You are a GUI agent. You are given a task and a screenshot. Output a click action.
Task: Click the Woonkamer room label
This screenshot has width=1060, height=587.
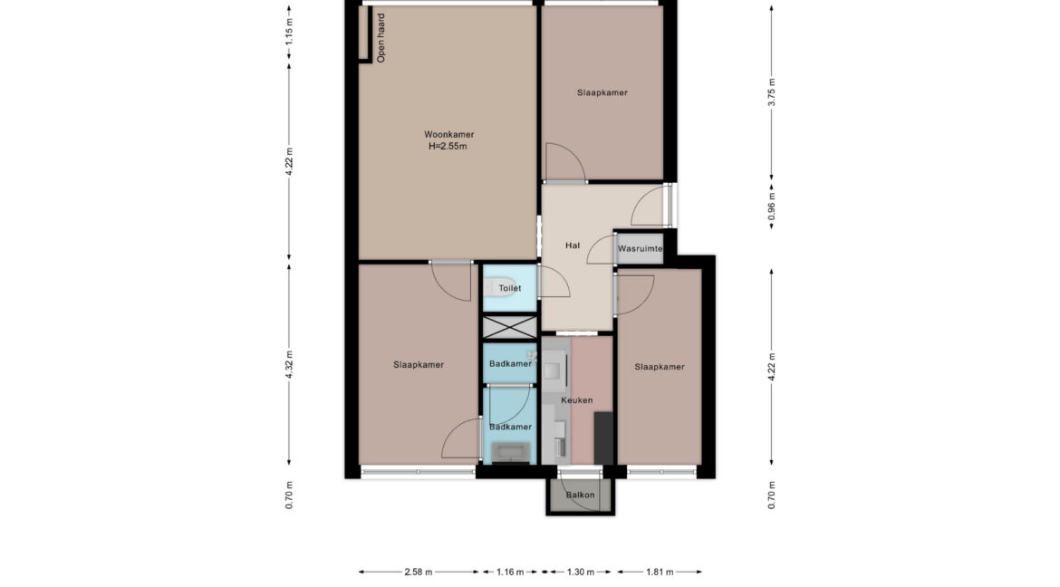pyautogui.click(x=448, y=135)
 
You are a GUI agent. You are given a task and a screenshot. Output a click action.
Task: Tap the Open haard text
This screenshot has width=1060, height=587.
pyautogui.click(x=381, y=39)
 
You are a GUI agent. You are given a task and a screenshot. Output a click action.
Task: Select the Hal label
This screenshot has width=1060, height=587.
pyautogui.click(x=573, y=245)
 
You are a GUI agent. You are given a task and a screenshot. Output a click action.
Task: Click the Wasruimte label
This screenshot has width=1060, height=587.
pyautogui.click(x=641, y=249)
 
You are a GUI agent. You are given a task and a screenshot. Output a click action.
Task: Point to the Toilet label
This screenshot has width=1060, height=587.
pyautogui.click(x=510, y=288)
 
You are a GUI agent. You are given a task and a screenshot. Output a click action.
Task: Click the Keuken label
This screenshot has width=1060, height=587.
pyautogui.click(x=576, y=400)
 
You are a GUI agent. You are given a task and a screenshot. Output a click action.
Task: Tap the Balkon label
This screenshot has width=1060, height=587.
pyautogui.click(x=580, y=495)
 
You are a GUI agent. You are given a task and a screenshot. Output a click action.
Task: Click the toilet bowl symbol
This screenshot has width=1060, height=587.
pyautogui.click(x=491, y=288)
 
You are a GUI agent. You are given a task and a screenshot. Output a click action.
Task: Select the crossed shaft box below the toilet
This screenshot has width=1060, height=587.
pyautogui.click(x=510, y=327)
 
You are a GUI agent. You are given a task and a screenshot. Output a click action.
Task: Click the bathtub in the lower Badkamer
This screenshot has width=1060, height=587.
pyautogui.click(x=510, y=452)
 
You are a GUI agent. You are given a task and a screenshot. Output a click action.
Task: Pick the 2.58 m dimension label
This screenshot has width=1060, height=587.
pyautogui.click(x=419, y=573)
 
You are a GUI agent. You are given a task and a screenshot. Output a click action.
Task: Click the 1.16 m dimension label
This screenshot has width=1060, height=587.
pyautogui.click(x=510, y=573)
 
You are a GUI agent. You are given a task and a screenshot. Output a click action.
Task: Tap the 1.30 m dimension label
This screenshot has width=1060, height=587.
pyautogui.click(x=581, y=573)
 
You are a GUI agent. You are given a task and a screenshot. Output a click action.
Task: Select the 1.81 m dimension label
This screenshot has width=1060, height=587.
pyautogui.click(x=660, y=573)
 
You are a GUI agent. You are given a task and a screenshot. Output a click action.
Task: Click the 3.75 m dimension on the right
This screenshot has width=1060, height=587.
pyautogui.click(x=772, y=92)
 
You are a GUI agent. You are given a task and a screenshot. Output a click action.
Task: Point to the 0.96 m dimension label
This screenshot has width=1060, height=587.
pyautogui.click(x=772, y=207)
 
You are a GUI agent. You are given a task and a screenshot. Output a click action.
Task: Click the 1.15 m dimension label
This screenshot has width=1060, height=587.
pyautogui.click(x=289, y=32)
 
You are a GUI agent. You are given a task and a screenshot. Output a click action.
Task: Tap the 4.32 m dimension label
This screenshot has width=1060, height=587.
pyautogui.click(x=289, y=364)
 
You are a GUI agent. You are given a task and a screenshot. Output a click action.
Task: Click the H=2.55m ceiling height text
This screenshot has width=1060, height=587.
pyautogui.click(x=448, y=146)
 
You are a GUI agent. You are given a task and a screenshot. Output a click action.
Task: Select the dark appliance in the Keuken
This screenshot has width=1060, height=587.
pyautogui.click(x=603, y=438)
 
